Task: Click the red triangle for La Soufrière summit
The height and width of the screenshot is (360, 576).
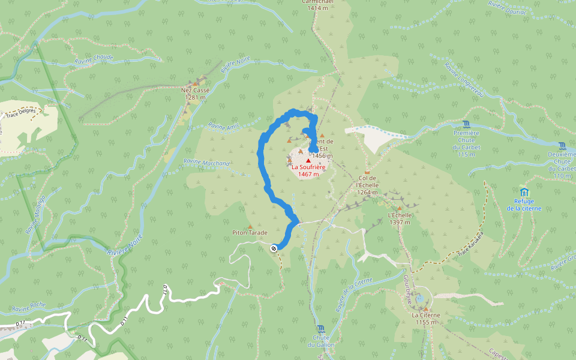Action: (x=308, y=161)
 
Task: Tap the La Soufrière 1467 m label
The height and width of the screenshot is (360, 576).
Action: (x=308, y=170)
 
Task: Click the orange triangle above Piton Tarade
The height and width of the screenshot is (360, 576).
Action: (x=250, y=226)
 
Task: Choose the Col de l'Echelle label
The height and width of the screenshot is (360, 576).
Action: (x=367, y=185)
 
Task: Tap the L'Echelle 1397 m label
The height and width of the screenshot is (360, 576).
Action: (x=399, y=218)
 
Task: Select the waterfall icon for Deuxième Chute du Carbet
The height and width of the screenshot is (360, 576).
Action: (x=562, y=146)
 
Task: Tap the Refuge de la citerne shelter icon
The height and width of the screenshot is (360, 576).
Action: (x=524, y=192)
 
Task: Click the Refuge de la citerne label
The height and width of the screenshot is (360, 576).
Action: (x=524, y=205)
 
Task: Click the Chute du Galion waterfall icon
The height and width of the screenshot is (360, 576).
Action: (x=321, y=329)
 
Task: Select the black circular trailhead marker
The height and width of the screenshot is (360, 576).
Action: (x=274, y=247)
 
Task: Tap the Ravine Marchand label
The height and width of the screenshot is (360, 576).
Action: (x=206, y=163)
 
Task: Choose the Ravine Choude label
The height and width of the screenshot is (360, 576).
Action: (x=94, y=59)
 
